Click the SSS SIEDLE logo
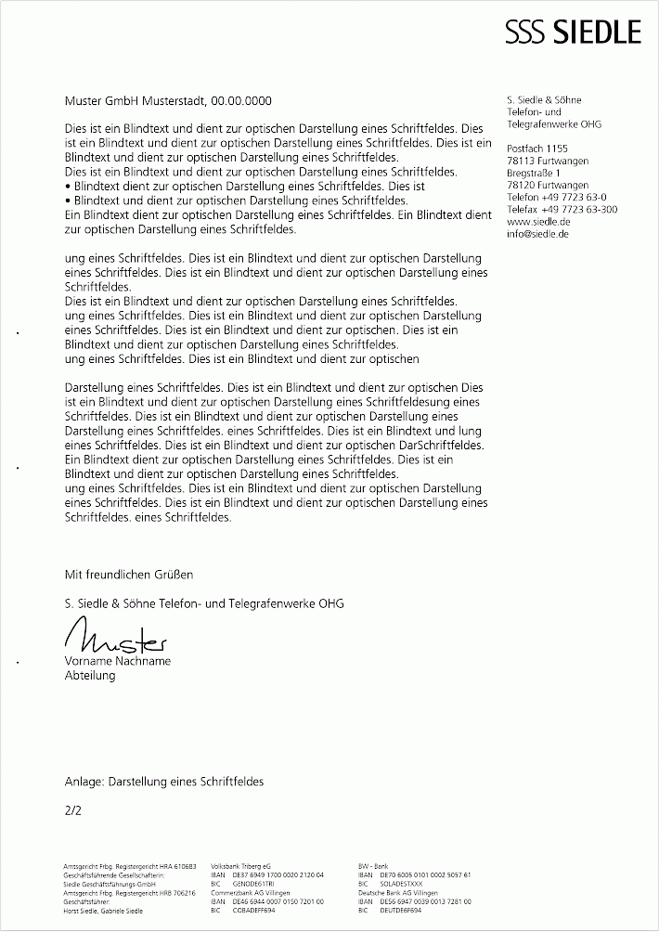click(573, 32)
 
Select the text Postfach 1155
click(537, 149)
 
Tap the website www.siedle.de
click(538, 222)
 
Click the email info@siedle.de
click(538, 234)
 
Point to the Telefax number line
click(562, 210)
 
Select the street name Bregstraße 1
click(535, 174)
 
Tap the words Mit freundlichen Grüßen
click(129, 576)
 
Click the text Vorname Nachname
click(118, 661)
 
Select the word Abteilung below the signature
click(90, 676)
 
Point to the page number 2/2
click(73, 810)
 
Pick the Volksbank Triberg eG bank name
click(241, 865)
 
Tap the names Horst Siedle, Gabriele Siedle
click(103, 911)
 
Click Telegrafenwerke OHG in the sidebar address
click(554, 123)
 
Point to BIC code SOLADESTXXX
click(402, 884)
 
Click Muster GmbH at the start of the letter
click(100, 100)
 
